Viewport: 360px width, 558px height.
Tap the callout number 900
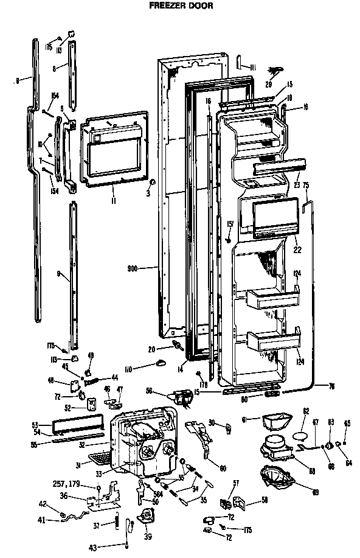click(134, 267)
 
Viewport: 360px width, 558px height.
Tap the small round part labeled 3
click(153, 182)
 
